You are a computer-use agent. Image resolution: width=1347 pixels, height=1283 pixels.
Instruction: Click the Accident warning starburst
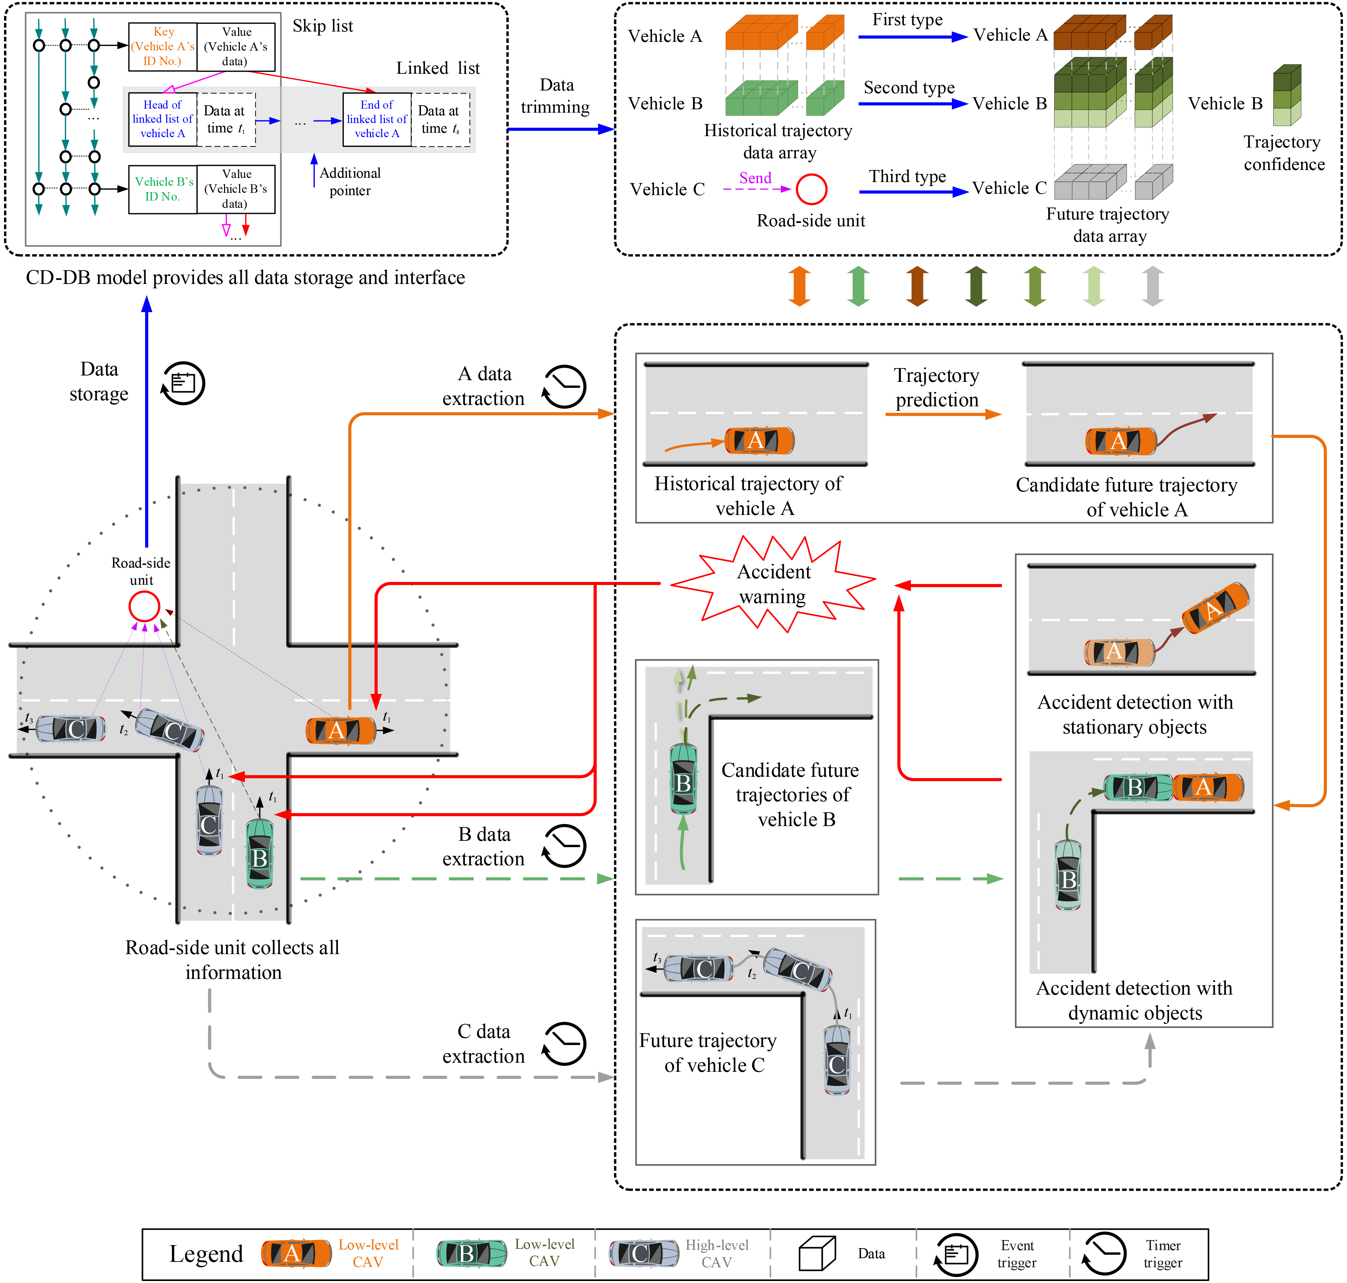click(773, 583)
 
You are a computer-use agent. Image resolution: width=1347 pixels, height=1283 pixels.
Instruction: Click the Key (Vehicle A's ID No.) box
click(163, 47)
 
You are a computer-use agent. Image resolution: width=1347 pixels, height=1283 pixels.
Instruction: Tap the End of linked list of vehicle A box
click(377, 120)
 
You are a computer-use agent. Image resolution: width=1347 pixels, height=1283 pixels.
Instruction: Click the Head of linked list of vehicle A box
click(163, 120)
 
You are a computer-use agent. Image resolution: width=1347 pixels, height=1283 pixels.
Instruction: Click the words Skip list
click(323, 26)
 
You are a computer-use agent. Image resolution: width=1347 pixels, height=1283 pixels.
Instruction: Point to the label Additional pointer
click(349, 182)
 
